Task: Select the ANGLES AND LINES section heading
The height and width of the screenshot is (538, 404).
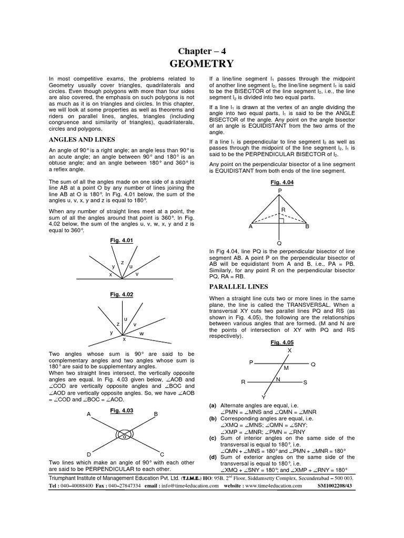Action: pyautogui.click(x=82, y=139)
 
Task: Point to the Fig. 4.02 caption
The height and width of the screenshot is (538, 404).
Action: pyautogui.click(x=122, y=295)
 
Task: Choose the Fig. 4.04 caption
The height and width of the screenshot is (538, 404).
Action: pyautogui.click(x=279, y=182)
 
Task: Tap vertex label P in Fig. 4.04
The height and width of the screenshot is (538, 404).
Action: pyautogui.click(x=280, y=190)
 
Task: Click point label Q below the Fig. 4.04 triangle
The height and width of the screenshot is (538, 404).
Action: pyautogui.click(x=279, y=243)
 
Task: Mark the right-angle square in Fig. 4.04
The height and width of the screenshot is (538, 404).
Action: pyautogui.click(x=282, y=221)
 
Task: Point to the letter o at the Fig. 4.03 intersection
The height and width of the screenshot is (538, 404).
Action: pyautogui.click(x=124, y=436)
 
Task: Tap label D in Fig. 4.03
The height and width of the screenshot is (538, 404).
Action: pyautogui.click(x=89, y=454)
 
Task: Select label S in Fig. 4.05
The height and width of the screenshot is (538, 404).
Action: pyautogui.click(x=305, y=382)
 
